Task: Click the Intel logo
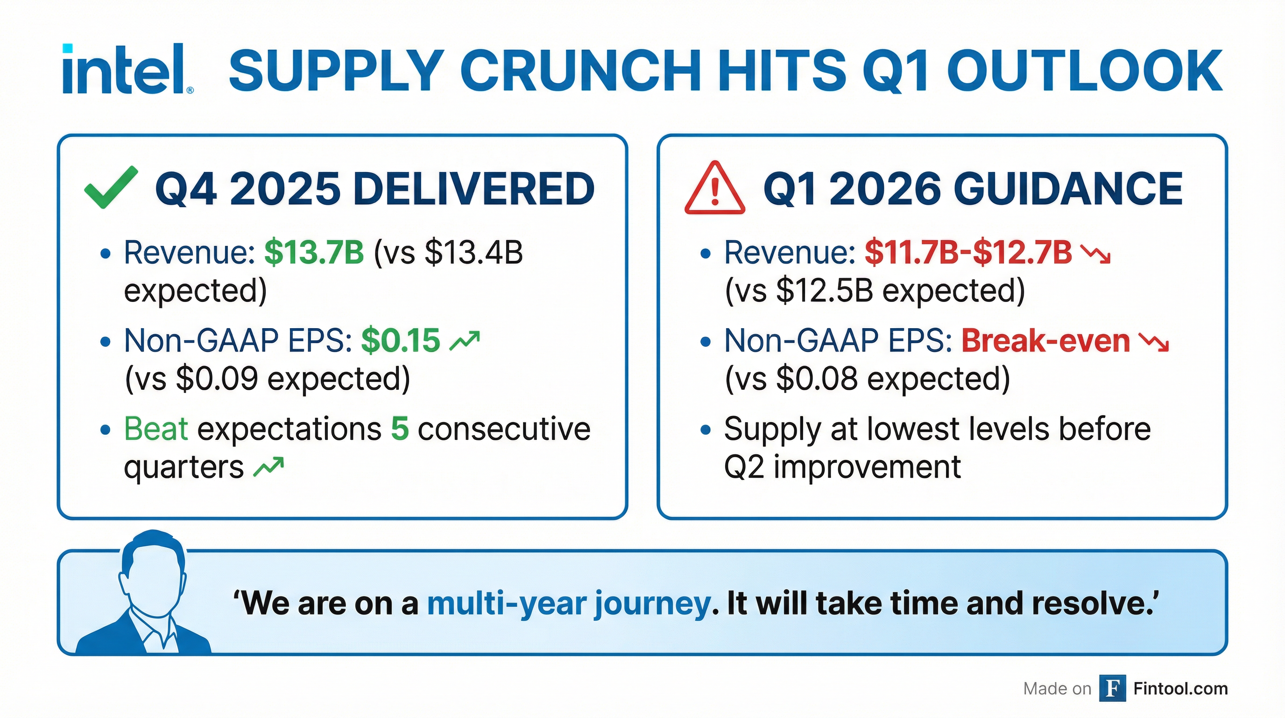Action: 127,70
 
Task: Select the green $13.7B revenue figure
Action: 314,252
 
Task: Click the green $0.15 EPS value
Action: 401,340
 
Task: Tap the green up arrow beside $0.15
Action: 465,340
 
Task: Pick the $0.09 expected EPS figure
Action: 217,379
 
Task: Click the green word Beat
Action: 155,428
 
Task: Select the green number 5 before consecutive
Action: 400,428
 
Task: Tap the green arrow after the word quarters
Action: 268,467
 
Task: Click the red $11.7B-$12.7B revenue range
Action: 968,252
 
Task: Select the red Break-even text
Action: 1045,340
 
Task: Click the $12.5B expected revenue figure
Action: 825,291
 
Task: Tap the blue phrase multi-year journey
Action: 569,603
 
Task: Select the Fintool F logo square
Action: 1112,689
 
